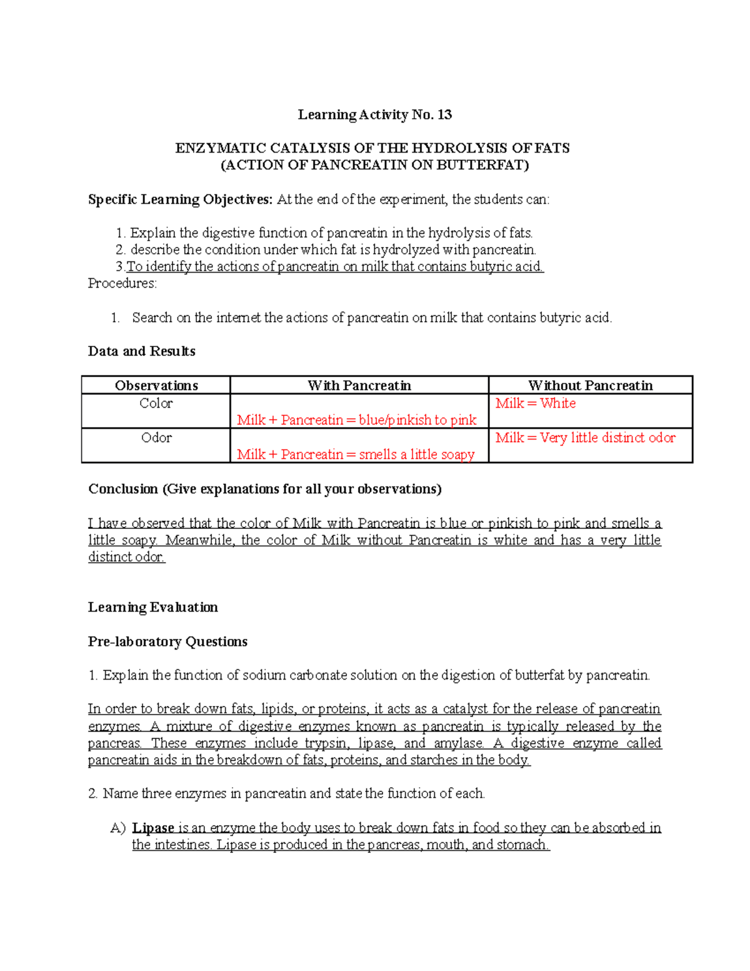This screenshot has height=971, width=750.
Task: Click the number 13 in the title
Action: [x=444, y=114]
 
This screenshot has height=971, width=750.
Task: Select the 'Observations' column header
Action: [x=156, y=385]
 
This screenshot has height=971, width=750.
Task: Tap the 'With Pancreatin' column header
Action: [x=359, y=385]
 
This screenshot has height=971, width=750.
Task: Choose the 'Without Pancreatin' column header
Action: [x=591, y=385]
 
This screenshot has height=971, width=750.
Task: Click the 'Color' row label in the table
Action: [x=156, y=403]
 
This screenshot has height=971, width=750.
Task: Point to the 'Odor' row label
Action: [x=156, y=438]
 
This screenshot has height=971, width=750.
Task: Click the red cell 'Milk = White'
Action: [x=536, y=403]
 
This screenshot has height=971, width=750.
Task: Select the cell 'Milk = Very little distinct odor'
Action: [x=586, y=438]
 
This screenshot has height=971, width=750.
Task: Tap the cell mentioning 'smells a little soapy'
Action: [x=356, y=455]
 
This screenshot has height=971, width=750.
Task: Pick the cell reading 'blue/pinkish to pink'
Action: [x=356, y=420]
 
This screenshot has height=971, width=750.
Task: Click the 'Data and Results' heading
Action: [x=142, y=351]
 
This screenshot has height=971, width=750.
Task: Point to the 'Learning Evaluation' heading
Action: [x=153, y=607]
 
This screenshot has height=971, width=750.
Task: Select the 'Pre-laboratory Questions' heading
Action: [x=167, y=641]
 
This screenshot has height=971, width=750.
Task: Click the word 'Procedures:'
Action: [x=122, y=283]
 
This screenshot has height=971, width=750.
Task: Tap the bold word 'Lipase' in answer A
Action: [x=153, y=828]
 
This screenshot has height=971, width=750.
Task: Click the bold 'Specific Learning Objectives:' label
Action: [x=181, y=199]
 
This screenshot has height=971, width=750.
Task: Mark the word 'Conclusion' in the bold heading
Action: [x=123, y=489]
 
